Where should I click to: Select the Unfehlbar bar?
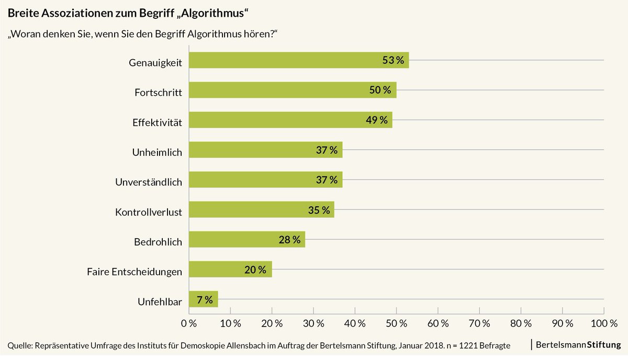coord(203,299)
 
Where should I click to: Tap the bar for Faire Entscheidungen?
coord(230,269)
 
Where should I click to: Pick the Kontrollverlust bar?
coord(261,210)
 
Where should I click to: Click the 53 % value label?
coord(393,60)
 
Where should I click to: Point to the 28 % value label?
coord(289,240)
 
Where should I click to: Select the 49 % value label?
coord(377,120)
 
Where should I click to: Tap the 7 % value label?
coord(205,299)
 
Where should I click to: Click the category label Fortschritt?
coord(158,93)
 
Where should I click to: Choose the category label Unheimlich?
coord(156,152)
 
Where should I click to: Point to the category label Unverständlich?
coord(148,183)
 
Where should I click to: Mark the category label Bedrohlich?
coord(158,242)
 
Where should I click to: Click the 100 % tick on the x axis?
coord(604,324)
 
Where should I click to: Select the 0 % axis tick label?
coord(188,324)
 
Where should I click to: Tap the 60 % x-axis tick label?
coord(438,324)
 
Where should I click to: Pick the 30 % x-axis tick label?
coord(313,324)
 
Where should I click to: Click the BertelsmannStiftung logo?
coord(578,344)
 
